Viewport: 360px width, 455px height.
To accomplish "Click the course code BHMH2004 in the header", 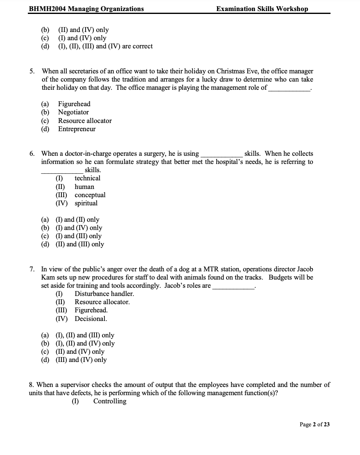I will pos(46,9).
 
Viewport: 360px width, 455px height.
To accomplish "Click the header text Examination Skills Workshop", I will pos(262,9).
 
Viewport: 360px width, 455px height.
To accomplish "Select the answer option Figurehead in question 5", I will pos(74,104).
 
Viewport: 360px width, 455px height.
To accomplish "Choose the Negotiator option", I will pos(73,112).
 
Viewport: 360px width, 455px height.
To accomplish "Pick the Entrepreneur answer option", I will pos(77,129).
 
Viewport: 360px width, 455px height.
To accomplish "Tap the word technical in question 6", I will pos(87,178).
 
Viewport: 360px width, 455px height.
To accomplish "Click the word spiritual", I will pos(86,203).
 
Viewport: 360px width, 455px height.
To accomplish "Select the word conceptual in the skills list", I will pos(90,195).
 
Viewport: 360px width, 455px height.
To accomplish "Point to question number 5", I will pos(32,71).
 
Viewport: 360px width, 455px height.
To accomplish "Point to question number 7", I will pos(32,269).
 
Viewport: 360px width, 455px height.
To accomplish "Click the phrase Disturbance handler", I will pos(104,294).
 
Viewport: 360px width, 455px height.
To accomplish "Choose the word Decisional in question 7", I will pos(91,319).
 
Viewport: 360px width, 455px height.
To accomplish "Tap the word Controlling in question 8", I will pos(110,401).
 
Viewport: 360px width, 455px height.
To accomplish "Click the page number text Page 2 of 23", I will pos(315,425).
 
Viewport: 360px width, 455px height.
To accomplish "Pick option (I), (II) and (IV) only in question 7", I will pos(85,344).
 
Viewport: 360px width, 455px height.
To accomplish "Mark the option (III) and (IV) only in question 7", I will pos(81,360).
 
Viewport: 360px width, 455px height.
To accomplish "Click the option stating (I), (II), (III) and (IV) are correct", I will pos(104,46).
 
